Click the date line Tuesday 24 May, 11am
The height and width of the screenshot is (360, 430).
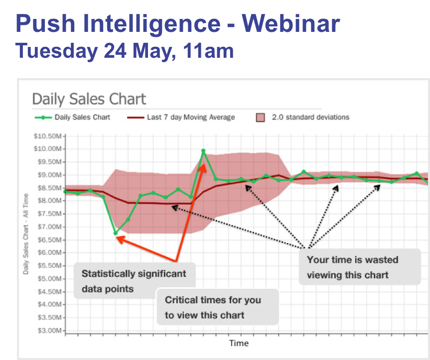[124, 50]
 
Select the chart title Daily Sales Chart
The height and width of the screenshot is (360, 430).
[89, 99]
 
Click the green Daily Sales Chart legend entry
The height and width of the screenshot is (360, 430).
[72, 118]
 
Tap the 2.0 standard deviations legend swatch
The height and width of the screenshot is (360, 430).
[260, 118]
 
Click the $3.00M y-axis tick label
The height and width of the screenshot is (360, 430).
[49, 331]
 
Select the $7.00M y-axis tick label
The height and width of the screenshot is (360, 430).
[49, 227]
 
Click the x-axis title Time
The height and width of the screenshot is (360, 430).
[239, 343]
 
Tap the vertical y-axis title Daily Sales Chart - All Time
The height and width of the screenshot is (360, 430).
[25, 234]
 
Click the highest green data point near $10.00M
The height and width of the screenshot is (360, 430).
[203, 150]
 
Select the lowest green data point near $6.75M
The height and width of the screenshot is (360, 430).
[116, 233]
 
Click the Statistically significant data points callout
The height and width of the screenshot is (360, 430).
[134, 281]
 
